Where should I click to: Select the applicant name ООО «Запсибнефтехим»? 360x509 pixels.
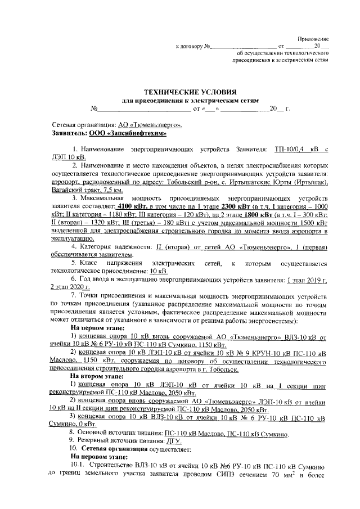click(x=127, y=133)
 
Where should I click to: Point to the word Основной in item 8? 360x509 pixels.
click(x=94, y=434)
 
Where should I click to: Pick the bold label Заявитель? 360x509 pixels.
click(x=69, y=133)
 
